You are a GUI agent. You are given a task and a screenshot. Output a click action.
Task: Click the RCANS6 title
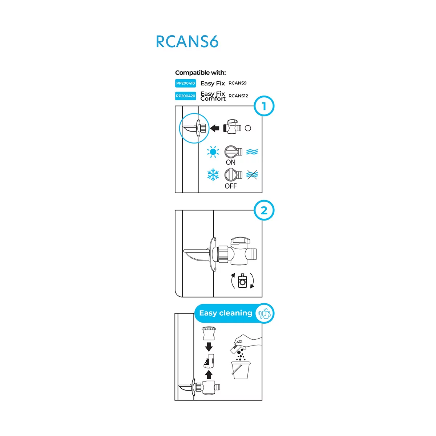pos(187,41)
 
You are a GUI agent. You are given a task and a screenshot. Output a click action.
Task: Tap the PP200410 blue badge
pos(185,83)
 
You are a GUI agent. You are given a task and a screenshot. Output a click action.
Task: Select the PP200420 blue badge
pos(185,96)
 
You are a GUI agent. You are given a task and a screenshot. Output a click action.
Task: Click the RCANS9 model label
pos(237,83)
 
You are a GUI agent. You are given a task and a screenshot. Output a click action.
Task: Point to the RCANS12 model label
pos(238,96)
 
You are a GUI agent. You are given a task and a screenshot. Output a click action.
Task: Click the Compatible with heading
pos(200,73)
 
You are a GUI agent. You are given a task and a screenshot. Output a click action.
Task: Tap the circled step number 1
pos(264,106)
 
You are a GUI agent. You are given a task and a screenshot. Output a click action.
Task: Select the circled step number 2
pos(264,210)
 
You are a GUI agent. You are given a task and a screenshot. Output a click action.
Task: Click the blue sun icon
pos(213,152)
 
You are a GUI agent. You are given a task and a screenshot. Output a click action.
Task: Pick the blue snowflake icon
pos(213,175)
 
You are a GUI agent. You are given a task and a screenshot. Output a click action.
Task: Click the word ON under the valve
pos(230,162)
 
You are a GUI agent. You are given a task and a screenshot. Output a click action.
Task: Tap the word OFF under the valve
pos(230,186)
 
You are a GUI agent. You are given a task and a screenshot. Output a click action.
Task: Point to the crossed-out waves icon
pos(252,175)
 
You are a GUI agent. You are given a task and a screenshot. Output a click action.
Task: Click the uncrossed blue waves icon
pos(252,152)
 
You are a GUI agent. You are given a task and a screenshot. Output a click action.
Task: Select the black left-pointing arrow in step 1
pos(215,128)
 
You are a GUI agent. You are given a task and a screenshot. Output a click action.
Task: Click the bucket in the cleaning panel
pos(241,370)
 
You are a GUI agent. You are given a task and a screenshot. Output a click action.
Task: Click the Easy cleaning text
pos(226,313)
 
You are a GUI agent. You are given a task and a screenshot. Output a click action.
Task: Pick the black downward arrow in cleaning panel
pos(209,347)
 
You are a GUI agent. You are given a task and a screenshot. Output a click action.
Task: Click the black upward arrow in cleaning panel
pos(209,374)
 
